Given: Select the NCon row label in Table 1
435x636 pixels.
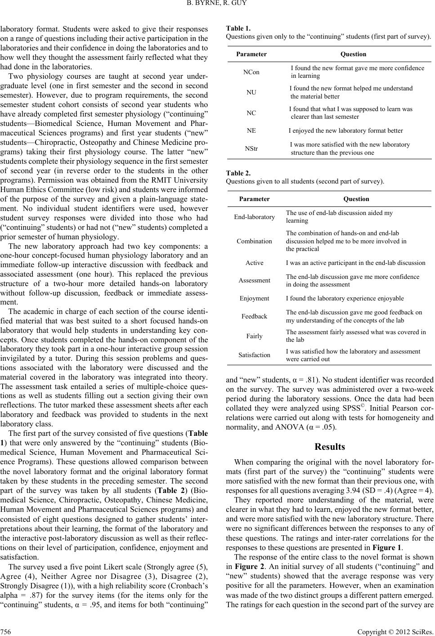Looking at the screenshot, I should (251, 72).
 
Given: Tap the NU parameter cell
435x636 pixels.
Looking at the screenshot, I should (251, 92).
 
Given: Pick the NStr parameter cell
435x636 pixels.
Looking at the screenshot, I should (251, 148).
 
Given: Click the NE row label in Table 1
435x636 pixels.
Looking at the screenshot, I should (251, 130).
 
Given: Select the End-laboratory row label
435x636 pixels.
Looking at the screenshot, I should (254, 217).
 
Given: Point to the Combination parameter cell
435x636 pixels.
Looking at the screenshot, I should (254, 241).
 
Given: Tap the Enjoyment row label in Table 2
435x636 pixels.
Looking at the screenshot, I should (254, 298).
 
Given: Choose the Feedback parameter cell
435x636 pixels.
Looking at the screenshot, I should (254, 316).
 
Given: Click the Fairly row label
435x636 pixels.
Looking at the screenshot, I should (254, 336).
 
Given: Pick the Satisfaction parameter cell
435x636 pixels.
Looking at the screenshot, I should (254, 355).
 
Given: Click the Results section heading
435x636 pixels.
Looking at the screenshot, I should (330, 447).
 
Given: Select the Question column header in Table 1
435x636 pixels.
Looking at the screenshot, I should (353, 54).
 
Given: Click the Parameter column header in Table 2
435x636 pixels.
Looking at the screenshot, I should (254, 199).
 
